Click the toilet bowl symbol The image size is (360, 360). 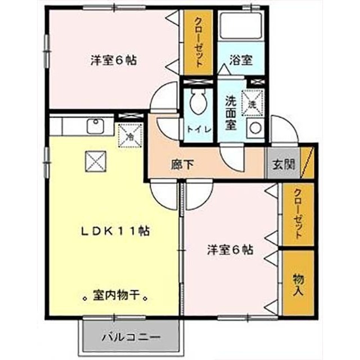coord(199,101)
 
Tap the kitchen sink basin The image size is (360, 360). coord(96,126)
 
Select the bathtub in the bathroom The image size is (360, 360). coord(241,26)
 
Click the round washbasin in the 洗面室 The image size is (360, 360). coord(255,128)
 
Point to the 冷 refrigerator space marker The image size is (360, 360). coord(130,136)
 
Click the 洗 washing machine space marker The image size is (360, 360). coord(252,103)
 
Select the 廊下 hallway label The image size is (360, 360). coord(183,164)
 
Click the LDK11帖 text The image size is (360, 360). coord(115,231)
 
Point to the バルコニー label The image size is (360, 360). coord(131,337)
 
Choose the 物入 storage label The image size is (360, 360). coord(298,285)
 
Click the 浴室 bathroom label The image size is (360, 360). coord(241,60)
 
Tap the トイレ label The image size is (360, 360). coord(199,129)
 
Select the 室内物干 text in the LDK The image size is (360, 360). coord(115,295)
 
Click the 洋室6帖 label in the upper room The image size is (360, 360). coord(114,60)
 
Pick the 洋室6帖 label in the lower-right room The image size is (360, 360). coord(231,250)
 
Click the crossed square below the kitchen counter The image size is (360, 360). coord(96,161)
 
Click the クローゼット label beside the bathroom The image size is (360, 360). coord(199,43)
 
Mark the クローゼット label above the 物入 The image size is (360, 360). coord(298,214)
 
